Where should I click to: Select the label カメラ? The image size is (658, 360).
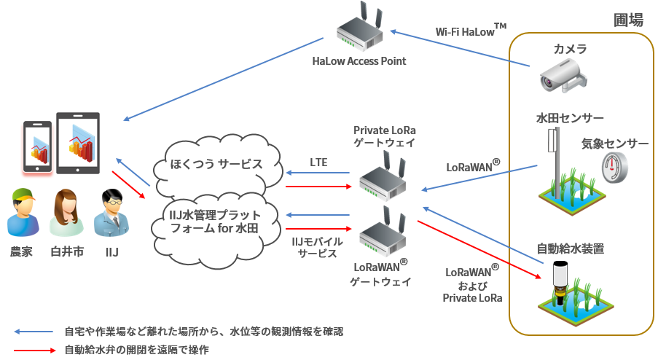tap(570, 49)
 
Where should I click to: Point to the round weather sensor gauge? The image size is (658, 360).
tap(615, 169)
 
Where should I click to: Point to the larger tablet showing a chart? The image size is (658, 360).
tap(78, 143)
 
